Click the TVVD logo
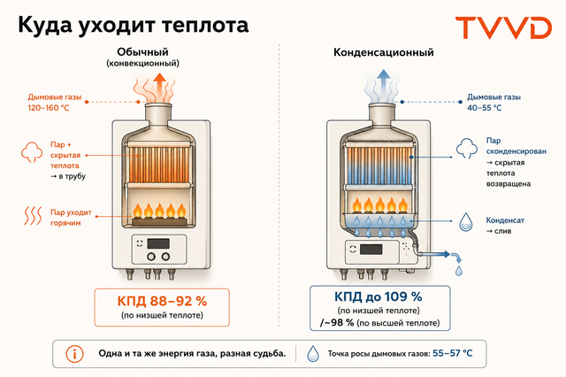503,27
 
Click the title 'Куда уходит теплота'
134,26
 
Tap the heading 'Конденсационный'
383,52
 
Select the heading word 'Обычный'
142,52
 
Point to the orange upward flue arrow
159,87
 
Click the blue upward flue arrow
384,85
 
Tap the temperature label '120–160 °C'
49,108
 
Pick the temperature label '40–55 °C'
484,108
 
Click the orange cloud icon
32,152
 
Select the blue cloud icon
467,149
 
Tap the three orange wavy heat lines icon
33,216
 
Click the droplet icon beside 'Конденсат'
466,222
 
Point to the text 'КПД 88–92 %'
162,301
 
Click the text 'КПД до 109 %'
378,296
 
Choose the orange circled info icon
74,354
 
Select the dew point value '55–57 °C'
452,353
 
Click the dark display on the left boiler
158,243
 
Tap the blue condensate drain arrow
438,255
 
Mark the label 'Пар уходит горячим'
71,218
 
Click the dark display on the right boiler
371,250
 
